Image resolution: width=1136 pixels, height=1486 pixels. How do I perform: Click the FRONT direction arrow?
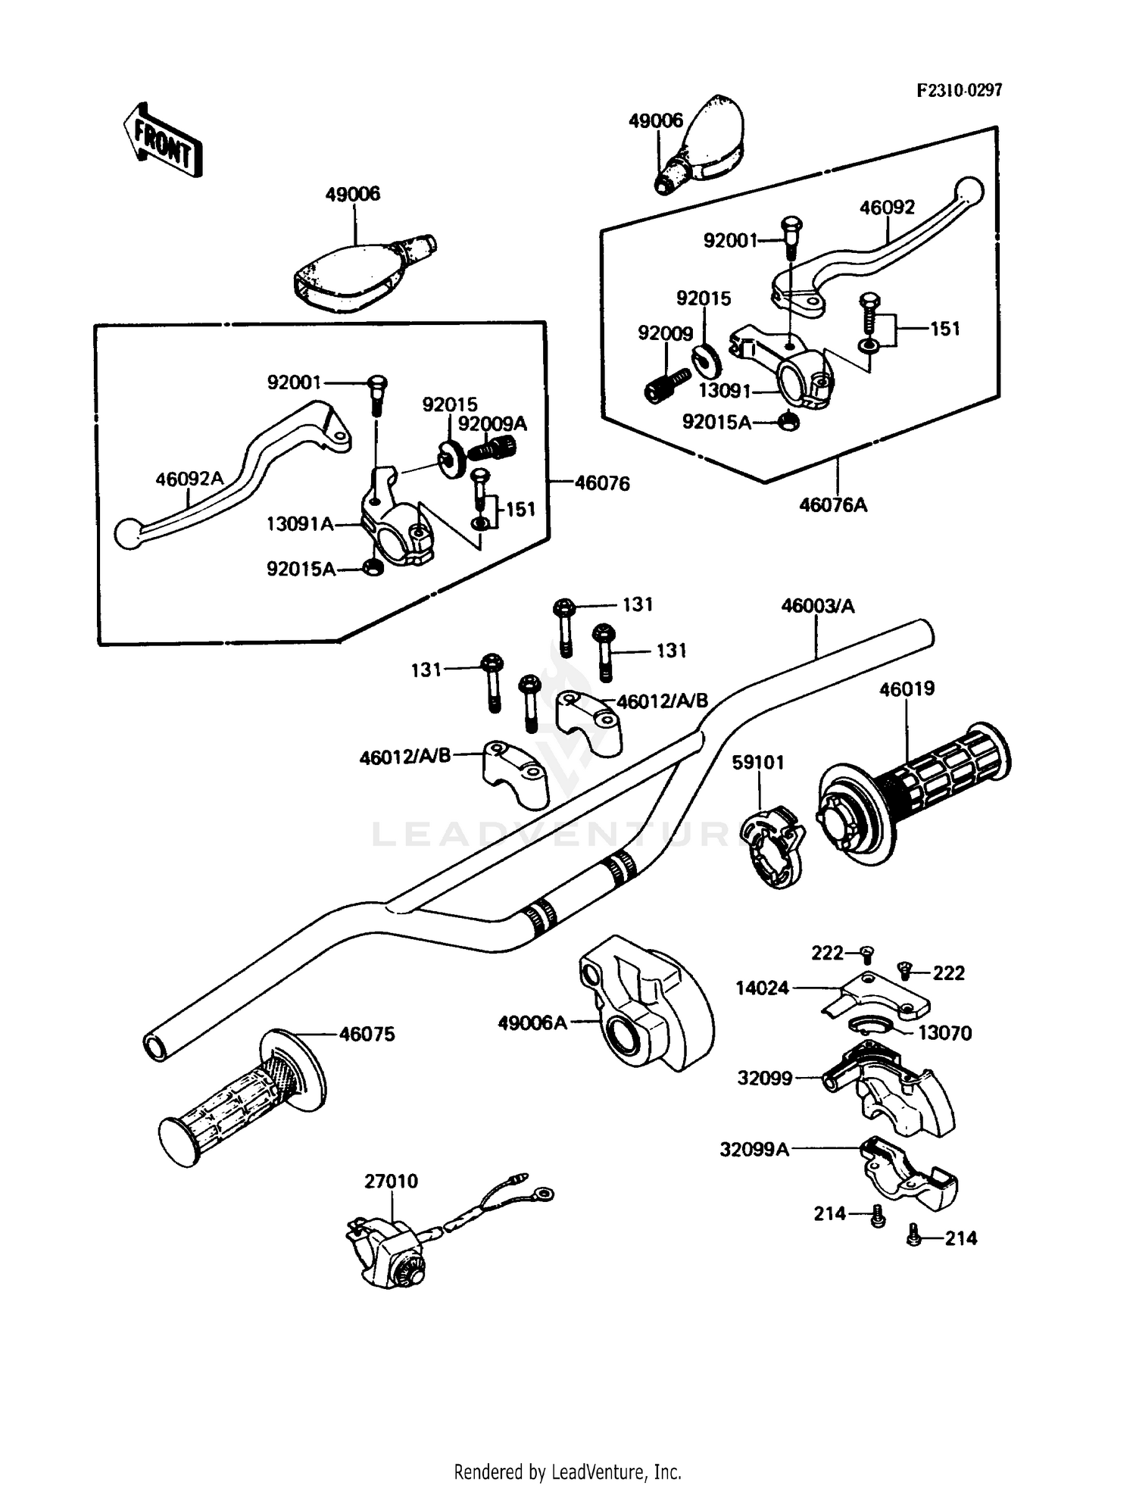162,141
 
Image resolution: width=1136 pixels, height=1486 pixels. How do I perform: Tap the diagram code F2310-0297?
959,91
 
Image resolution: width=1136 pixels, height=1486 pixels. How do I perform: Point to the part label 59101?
757,762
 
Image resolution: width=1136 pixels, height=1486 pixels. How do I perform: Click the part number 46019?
907,689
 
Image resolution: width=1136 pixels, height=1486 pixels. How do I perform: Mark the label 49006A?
532,1023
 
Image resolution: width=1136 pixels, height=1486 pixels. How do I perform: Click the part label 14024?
762,988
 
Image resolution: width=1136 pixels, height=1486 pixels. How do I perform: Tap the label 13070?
944,1033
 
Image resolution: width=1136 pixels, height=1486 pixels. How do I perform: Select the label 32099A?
754,1150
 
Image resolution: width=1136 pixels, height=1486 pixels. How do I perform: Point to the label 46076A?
833,505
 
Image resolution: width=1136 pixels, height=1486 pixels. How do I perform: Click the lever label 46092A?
189,479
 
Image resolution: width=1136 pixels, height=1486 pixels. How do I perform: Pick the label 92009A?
492,424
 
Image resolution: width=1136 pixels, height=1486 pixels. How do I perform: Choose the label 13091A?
300,523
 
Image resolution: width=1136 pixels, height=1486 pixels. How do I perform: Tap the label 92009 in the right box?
665,333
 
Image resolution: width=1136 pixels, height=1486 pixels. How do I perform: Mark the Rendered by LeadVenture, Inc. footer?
567,1472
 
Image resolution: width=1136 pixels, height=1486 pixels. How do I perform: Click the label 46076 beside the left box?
602,483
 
